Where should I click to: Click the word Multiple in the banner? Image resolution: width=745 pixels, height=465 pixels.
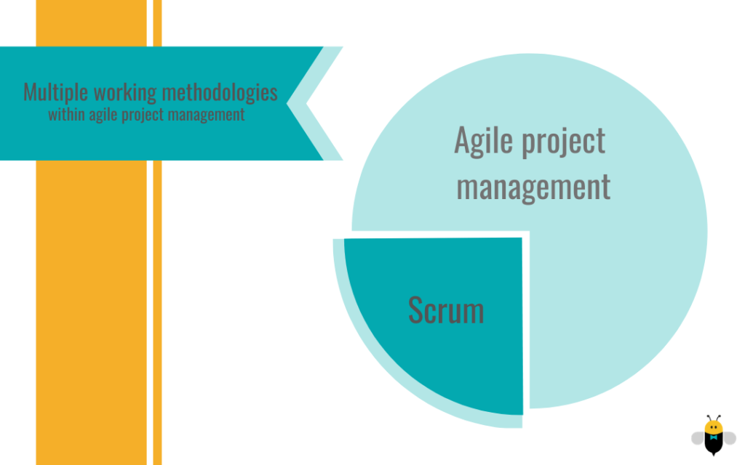pyautogui.click(x=55, y=92)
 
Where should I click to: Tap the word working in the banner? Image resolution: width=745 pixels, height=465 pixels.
pyautogui.click(x=125, y=92)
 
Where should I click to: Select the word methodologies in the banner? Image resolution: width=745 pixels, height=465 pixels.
pyautogui.click(x=220, y=92)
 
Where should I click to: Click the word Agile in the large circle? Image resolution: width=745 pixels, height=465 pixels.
pyautogui.click(x=484, y=142)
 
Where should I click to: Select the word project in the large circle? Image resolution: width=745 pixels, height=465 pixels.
pyautogui.click(x=564, y=142)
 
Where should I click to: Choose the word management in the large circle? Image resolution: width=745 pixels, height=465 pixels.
pyautogui.click(x=533, y=187)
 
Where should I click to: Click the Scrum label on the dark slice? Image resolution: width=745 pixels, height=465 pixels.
pyautogui.click(x=446, y=310)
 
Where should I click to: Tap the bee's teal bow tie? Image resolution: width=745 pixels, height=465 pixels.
pyautogui.click(x=713, y=437)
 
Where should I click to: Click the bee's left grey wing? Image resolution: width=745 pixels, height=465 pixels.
pyautogui.click(x=698, y=438)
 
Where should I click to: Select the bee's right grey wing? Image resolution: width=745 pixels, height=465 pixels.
pyautogui.click(x=729, y=438)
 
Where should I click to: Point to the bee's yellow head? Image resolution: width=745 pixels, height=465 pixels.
pyautogui.click(x=713, y=427)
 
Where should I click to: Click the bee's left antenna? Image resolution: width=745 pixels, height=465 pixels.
pyautogui.click(x=709, y=418)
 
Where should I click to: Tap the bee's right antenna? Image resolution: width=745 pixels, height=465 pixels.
pyautogui.click(x=717, y=418)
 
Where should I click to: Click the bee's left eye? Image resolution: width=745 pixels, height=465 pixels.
pyautogui.click(x=711, y=426)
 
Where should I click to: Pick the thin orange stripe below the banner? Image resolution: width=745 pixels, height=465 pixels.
pyautogui.click(x=157, y=312)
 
